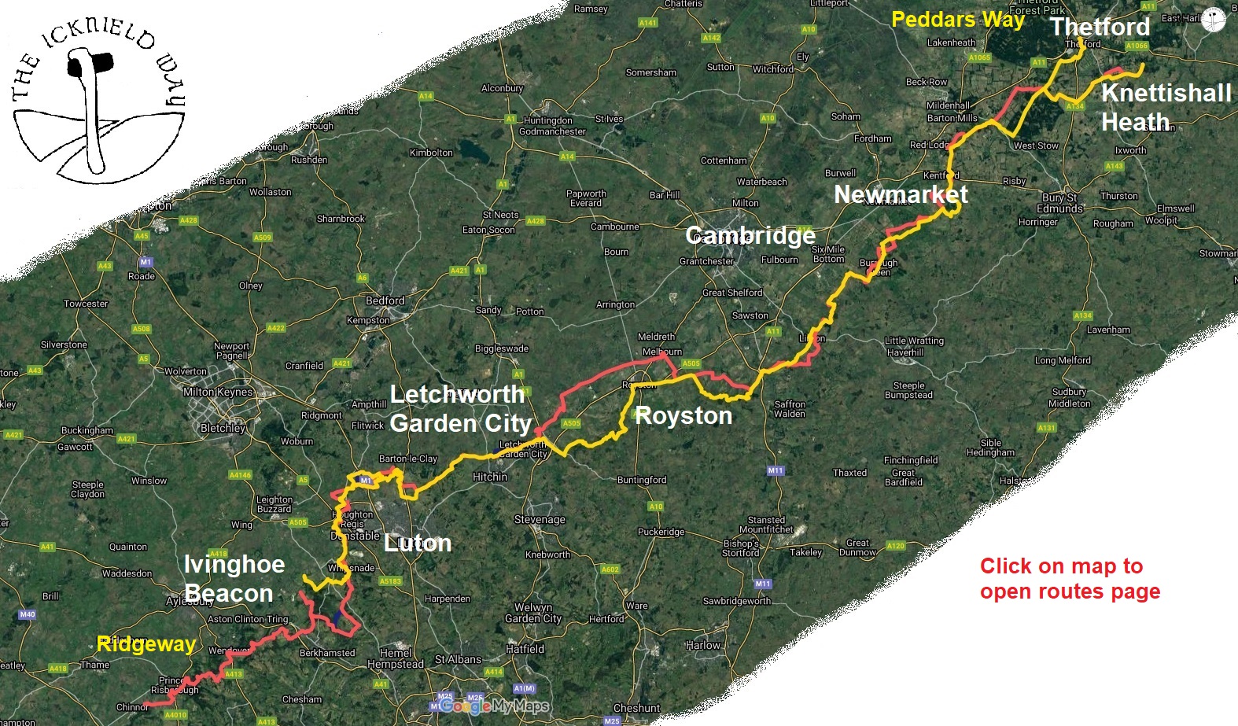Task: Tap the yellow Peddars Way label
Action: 957,20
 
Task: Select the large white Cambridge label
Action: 750,235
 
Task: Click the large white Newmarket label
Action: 901,194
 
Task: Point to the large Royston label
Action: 683,415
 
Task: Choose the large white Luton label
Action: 417,543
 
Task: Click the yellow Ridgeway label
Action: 146,644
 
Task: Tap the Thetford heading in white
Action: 1100,27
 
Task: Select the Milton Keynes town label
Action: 218,392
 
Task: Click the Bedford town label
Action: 385,300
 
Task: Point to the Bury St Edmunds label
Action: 1059,203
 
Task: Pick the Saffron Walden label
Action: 789,409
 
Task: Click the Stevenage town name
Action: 540,519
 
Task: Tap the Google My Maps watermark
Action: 494,706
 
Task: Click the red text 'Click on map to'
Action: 1061,566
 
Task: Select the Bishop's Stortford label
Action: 741,548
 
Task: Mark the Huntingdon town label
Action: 547,120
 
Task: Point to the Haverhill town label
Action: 905,352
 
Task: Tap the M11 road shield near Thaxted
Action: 776,470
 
